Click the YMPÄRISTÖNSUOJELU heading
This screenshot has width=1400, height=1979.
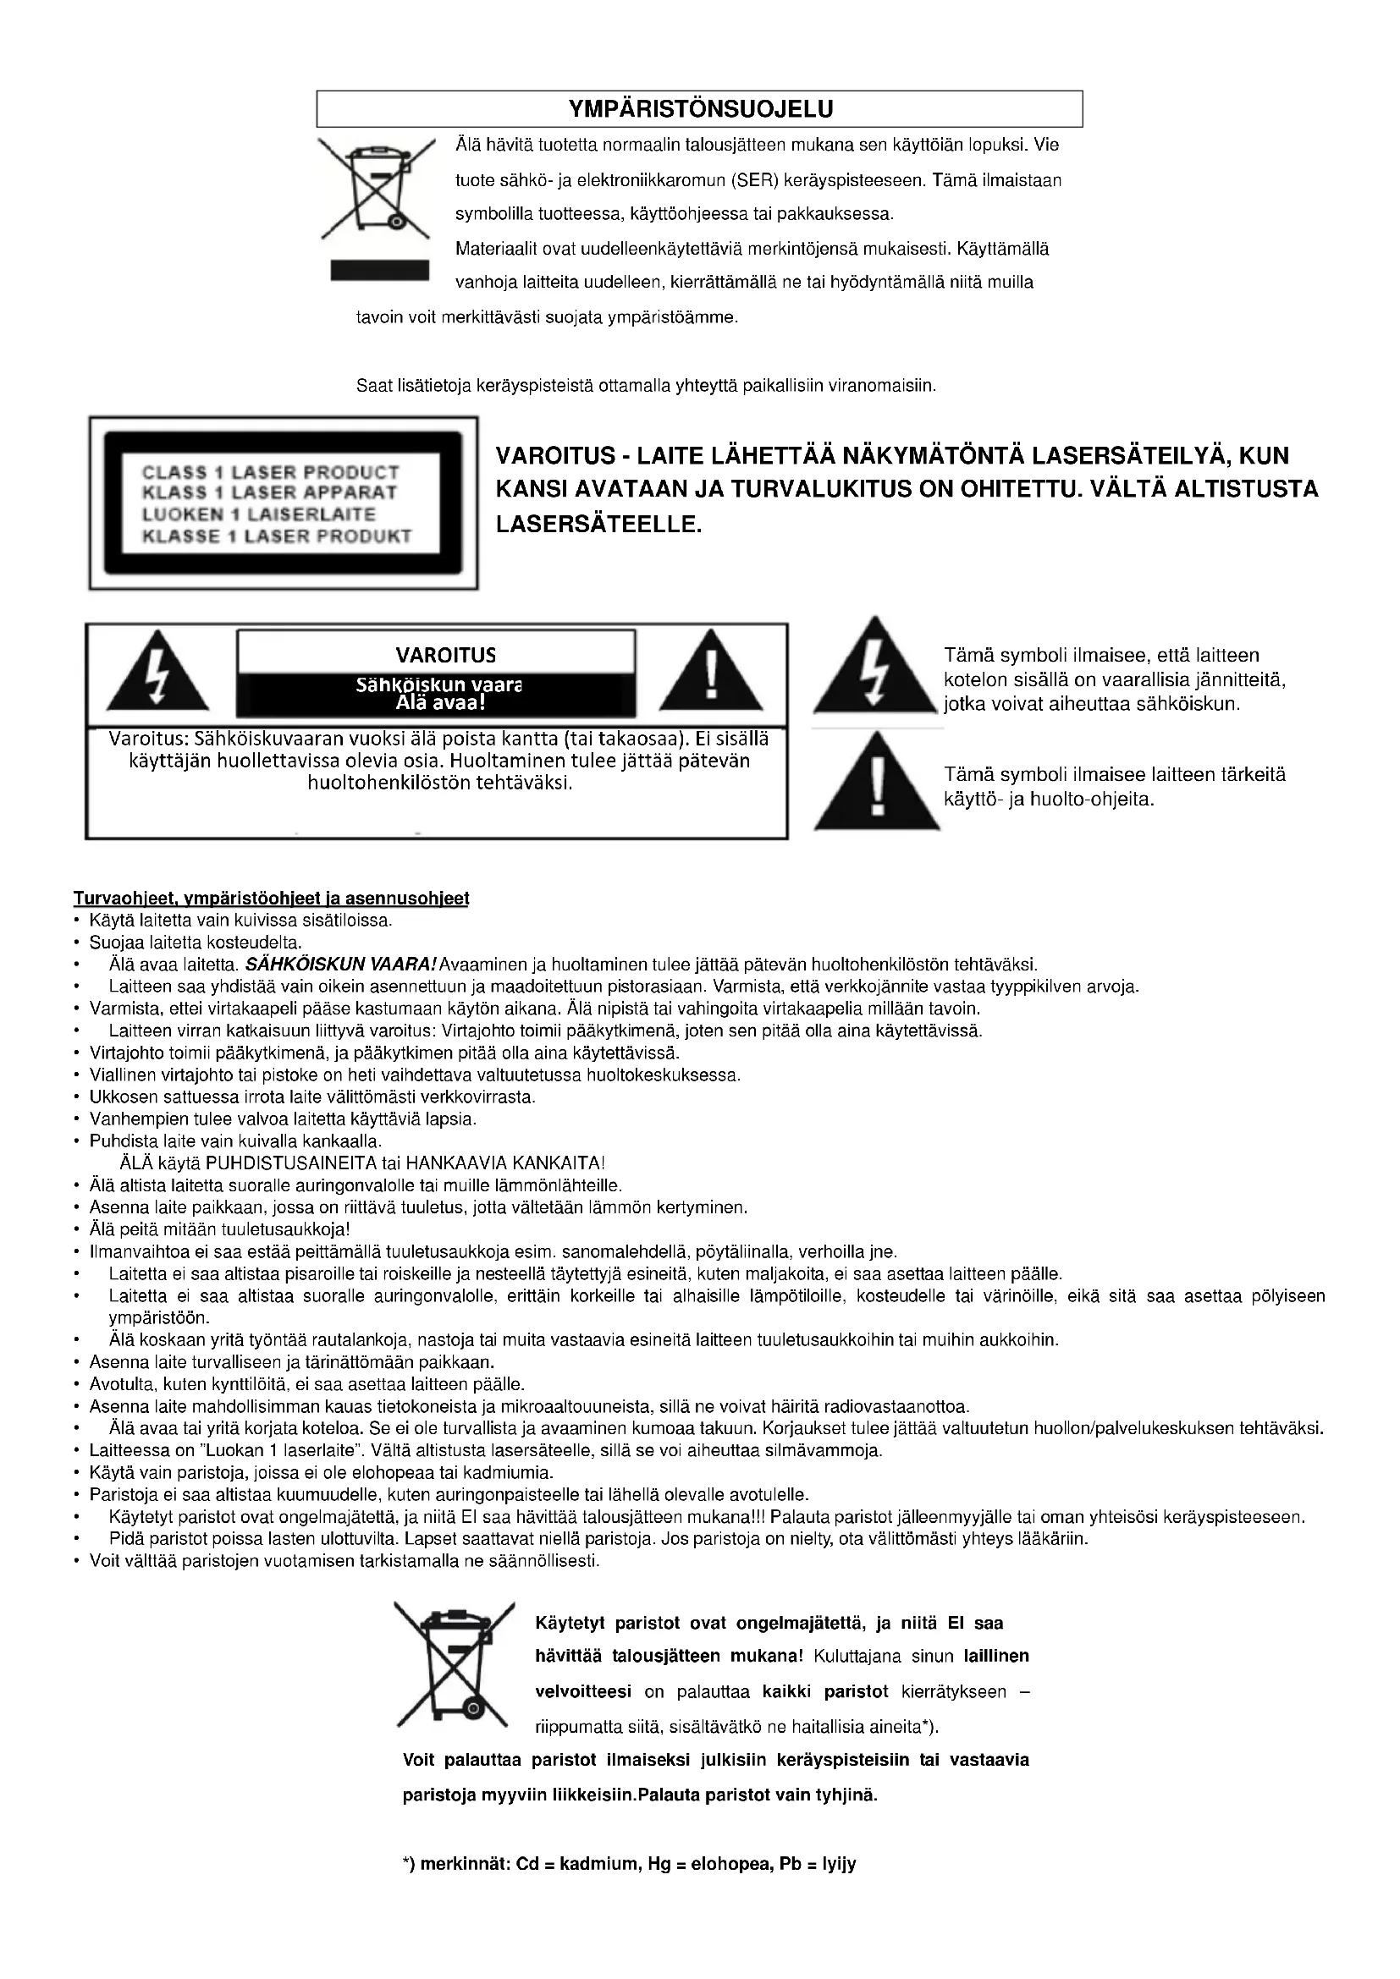(700, 109)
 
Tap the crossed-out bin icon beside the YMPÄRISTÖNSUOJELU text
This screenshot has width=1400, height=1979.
(376, 188)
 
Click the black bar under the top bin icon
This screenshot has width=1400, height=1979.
(380, 270)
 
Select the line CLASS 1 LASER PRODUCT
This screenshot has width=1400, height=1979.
(271, 472)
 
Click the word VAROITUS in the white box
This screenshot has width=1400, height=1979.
(446, 655)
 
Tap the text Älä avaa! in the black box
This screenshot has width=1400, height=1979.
(435, 702)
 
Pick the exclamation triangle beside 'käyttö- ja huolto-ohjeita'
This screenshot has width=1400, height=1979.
(877, 782)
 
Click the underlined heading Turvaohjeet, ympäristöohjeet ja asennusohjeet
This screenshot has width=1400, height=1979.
(272, 899)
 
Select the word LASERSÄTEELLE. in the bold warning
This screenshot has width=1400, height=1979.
(599, 523)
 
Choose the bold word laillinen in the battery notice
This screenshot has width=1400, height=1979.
(995, 1656)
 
